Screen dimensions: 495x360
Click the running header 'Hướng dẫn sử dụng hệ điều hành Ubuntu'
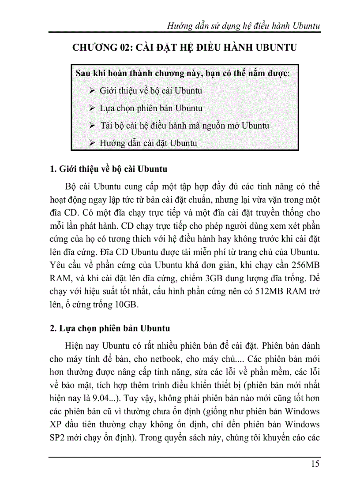pyautogui.click(x=244, y=26)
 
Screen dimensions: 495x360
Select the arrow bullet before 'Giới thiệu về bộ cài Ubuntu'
pyautogui.click(x=92, y=90)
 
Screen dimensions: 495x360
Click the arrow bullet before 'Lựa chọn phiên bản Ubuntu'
pyautogui.click(x=92, y=108)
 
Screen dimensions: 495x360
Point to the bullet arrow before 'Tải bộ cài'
pyautogui.click(x=92, y=126)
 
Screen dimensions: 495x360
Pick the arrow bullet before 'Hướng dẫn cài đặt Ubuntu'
pyautogui.click(x=92, y=143)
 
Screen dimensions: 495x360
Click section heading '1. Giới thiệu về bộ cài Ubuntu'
pyautogui.click(x=109, y=169)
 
